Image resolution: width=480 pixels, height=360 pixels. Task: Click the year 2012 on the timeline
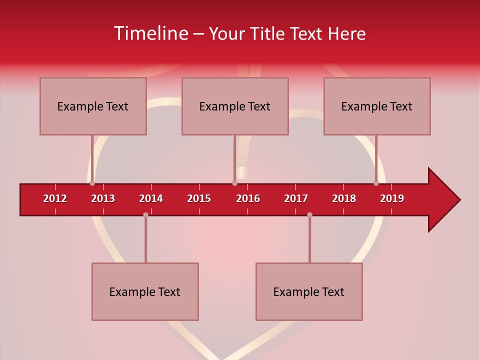(55, 198)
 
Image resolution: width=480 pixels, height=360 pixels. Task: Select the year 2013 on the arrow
(103, 198)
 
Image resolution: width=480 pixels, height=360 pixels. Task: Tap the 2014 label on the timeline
(151, 198)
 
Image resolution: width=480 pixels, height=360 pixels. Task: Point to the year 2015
(199, 198)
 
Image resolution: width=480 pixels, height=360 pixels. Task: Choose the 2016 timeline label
(248, 198)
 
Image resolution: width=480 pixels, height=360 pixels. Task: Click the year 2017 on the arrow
(296, 198)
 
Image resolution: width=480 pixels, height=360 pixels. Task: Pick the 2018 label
(344, 198)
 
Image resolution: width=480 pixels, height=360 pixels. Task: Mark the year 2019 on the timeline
(392, 198)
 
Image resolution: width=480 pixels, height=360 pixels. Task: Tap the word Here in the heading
(346, 33)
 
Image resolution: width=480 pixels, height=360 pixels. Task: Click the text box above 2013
(93, 106)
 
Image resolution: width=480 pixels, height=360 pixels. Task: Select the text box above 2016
(235, 106)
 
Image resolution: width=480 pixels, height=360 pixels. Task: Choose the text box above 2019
(377, 106)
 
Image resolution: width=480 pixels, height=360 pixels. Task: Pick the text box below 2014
(145, 291)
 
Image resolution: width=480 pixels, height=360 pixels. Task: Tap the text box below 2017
(309, 291)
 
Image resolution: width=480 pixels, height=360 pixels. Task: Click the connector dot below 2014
(145, 214)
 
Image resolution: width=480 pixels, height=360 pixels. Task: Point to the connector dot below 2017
(309, 214)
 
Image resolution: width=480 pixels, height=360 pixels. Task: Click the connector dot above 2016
(234, 183)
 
